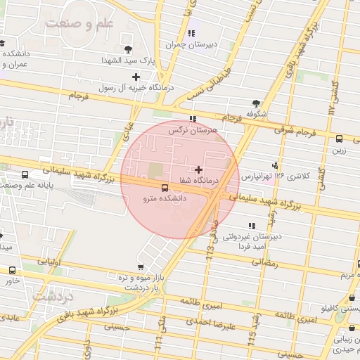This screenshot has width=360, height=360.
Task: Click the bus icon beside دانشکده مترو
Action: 165,188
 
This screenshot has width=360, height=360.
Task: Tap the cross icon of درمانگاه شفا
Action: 199,169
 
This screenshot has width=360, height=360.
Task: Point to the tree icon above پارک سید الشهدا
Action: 128,49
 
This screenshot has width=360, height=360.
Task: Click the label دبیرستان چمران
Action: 184,44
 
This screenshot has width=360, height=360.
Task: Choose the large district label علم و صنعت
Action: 79,24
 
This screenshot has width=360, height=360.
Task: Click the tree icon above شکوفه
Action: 255,103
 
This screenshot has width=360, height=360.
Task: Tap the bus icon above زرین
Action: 340,139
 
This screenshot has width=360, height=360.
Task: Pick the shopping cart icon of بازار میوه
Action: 141,266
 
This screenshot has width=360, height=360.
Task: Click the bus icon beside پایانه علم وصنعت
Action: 25,174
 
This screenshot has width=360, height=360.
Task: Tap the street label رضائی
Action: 264,262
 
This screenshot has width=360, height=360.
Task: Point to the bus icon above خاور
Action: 12,270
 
